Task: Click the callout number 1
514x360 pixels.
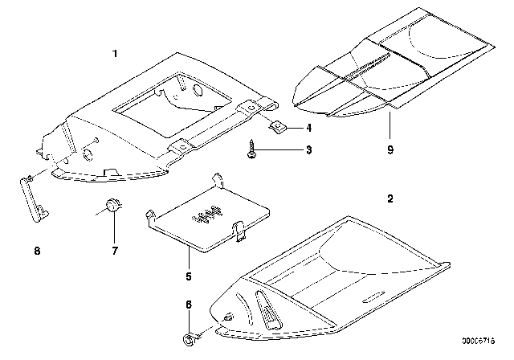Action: pos(115,54)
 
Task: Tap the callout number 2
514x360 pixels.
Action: pos(390,198)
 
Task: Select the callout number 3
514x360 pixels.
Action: pos(308,149)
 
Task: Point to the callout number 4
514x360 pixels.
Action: pos(308,128)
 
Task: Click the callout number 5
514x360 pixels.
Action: pos(189,276)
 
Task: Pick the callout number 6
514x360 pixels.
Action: pos(189,305)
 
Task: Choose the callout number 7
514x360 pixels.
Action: pos(115,251)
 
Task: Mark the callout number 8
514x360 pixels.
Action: pos(37,251)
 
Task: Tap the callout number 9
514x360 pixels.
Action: pos(390,149)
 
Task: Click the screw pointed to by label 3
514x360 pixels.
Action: pos(251,149)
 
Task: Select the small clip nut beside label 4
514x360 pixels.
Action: pos(278,127)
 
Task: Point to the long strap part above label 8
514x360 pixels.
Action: pos(34,199)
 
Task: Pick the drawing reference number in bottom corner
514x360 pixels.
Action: pos(479,341)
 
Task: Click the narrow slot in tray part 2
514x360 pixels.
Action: pos(373,297)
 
